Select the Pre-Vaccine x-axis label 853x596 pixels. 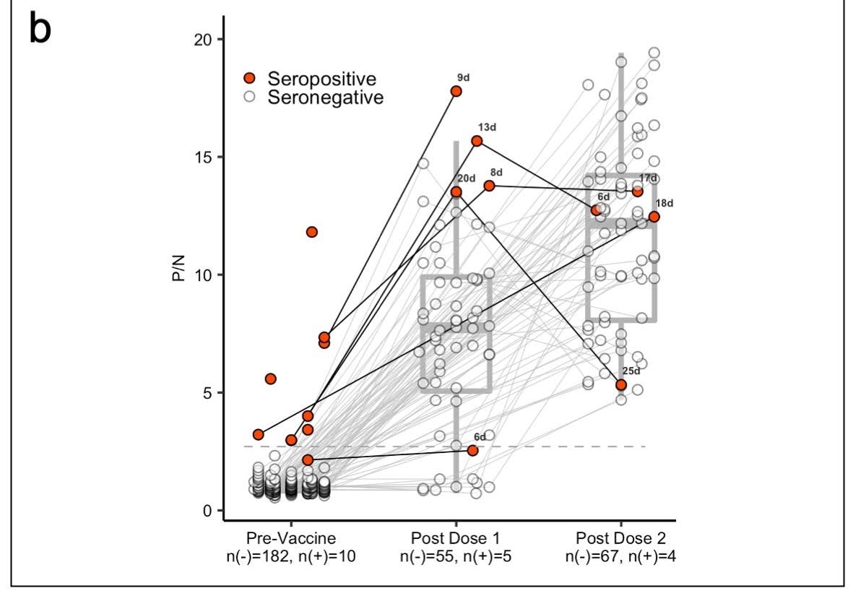click(290, 539)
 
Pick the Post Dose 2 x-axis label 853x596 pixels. click(620, 539)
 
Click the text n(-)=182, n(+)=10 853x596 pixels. click(290, 556)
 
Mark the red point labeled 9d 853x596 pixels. click(456, 91)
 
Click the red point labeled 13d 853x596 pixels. click(477, 141)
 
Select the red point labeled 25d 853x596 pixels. click(620, 384)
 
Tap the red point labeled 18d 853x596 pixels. click(654, 217)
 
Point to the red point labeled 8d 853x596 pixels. click(489, 186)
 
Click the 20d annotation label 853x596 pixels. click(466, 179)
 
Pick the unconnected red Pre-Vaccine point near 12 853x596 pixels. click(311, 232)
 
